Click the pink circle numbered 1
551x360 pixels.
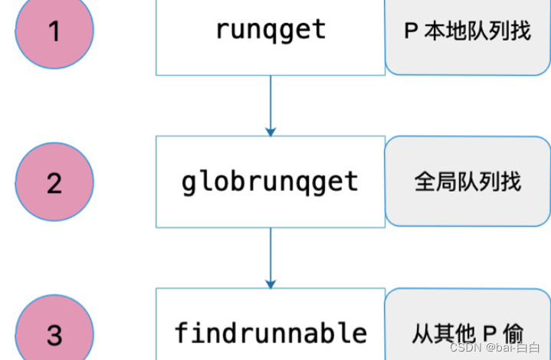(54, 31)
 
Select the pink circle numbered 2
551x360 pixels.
(54, 182)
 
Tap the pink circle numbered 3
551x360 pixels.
(54, 332)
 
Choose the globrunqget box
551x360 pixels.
(271, 182)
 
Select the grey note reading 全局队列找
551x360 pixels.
(467, 182)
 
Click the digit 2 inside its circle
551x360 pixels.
(54, 184)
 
